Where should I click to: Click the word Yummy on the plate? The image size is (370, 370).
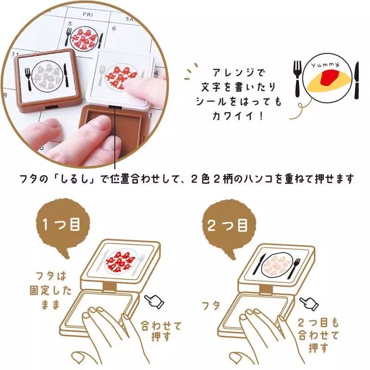tap(325, 65)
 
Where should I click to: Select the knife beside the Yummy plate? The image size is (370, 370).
tap(357, 80)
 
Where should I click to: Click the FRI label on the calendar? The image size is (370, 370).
tap(88, 15)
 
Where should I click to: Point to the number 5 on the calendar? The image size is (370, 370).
tap(70, 24)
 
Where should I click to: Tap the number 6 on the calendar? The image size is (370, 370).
tap(114, 29)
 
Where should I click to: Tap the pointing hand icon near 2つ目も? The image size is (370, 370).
tap(309, 303)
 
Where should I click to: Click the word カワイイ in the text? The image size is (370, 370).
tap(233, 116)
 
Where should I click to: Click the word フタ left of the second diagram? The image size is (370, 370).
tap(211, 306)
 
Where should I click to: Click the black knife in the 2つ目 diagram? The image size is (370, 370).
tap(259, 264)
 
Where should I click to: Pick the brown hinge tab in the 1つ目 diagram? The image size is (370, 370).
tap(110, 287)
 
